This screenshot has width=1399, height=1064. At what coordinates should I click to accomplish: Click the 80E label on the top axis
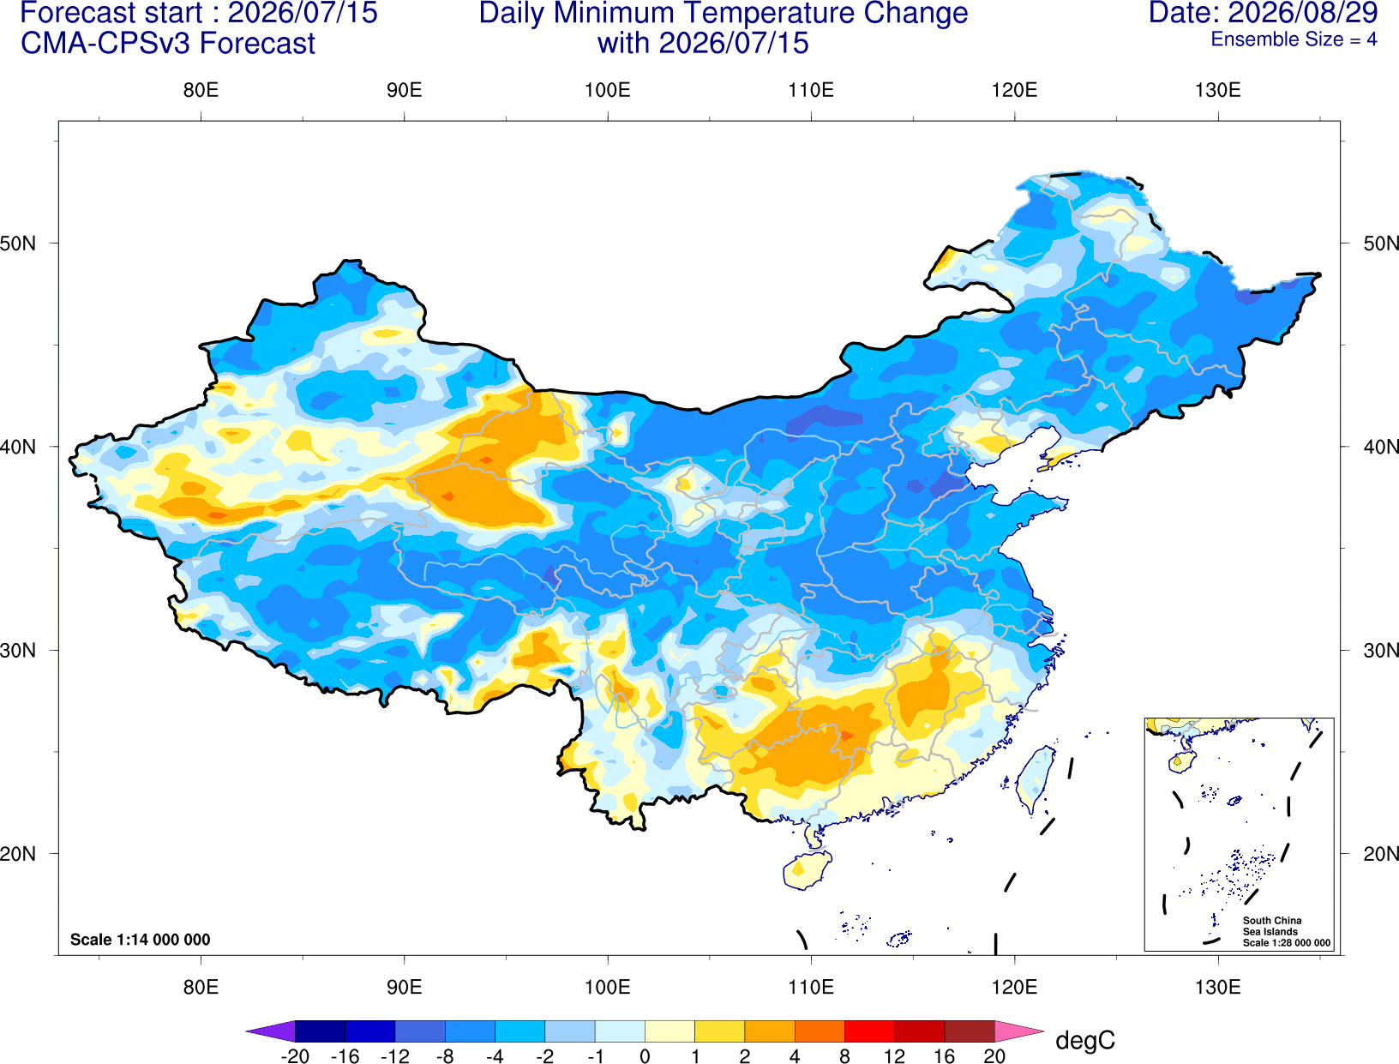[x=201, y=90]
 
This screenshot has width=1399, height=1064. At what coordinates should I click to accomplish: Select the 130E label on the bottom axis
[x=1217, y=988]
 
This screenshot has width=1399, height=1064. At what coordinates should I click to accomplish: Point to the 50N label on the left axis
[x=18, y=243]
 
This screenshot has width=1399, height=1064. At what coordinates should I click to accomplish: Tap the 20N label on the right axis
[x=1380, y=854]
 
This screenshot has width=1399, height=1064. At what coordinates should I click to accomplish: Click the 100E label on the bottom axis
[x=608, y=988]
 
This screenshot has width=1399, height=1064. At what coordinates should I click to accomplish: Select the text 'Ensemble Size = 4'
[x=1294, y=39]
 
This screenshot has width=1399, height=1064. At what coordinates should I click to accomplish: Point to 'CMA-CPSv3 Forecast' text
[x=168, y=44]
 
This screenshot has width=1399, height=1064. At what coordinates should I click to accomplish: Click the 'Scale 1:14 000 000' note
[x=141, y=940]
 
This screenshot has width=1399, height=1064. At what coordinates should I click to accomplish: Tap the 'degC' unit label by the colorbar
[x=1084, y=1040]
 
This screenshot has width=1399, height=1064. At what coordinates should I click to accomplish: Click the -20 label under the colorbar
[x=295, y=1056]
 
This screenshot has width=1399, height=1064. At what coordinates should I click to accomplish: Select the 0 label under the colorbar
[x=645, y=1056]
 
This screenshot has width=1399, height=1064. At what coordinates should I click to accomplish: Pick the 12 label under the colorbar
[x=894, y=1056]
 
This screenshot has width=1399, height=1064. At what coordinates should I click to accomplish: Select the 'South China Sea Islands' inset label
[x=1271, y=926]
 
